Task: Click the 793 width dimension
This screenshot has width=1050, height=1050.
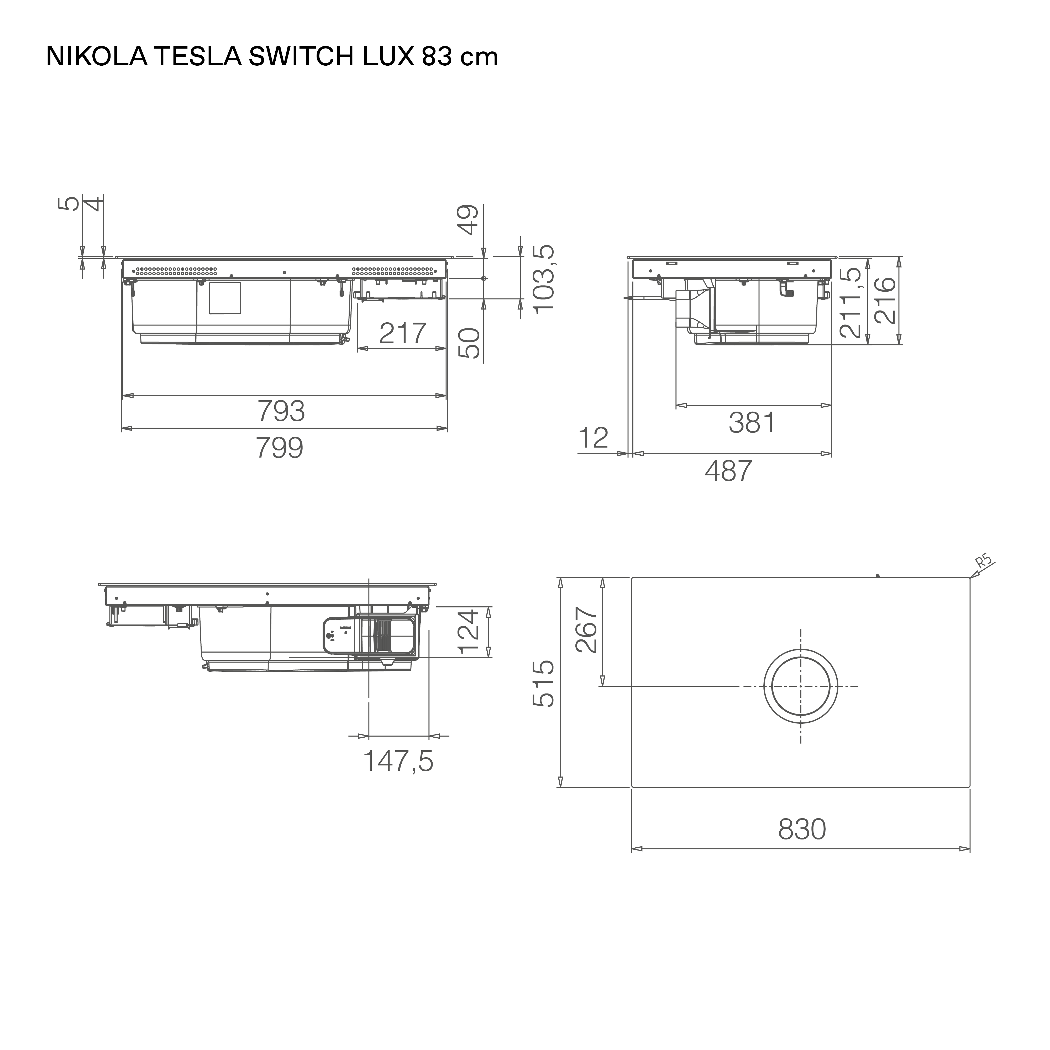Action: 281,411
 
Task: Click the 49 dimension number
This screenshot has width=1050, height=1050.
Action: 469,219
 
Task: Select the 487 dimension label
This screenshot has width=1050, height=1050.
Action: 728,471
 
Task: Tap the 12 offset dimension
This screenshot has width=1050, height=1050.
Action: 594,438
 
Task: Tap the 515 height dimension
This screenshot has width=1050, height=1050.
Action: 543,684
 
